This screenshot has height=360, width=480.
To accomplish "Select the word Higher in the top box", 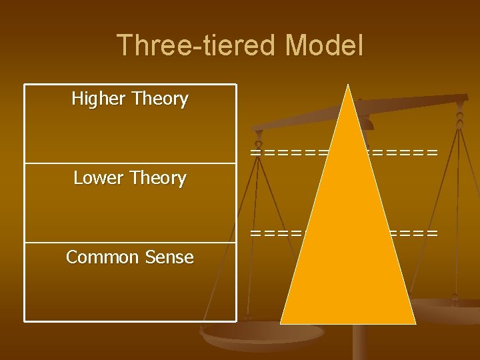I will (x=99, y=99).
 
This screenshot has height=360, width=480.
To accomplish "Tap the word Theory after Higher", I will (x=160, y=99).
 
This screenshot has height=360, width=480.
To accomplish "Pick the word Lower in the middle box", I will (x=99, y=178).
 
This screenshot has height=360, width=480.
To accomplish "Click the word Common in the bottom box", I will (x=99, y=257).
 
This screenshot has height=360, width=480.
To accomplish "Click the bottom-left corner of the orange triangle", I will (x=281, y=323).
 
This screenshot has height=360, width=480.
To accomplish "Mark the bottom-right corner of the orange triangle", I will (x=415, y=323).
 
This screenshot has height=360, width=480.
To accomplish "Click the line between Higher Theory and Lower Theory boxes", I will (x=130, y=163).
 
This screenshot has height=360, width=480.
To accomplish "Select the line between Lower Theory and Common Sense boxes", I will (x=130, y=242).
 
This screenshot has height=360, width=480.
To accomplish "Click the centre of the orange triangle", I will (x=347, y=244).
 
